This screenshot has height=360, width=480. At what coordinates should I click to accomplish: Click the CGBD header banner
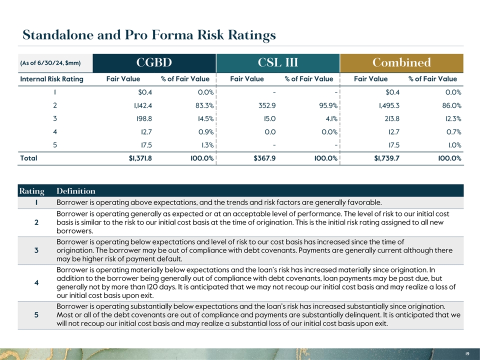154,63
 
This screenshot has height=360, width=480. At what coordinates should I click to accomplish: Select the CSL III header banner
277,63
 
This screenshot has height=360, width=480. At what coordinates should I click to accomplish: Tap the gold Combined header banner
401,63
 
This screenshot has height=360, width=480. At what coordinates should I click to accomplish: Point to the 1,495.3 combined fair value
386,105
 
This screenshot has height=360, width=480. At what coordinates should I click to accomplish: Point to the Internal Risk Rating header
51,79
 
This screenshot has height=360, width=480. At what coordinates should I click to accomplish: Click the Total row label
28,158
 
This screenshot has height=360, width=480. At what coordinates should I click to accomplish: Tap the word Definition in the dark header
76,191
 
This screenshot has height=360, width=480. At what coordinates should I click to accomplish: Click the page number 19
466,353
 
